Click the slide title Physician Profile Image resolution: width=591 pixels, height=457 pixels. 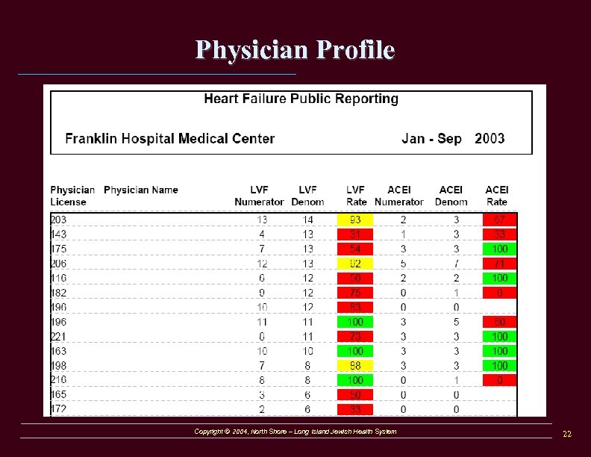point(295,50)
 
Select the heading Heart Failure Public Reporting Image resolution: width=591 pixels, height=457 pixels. point(301,99)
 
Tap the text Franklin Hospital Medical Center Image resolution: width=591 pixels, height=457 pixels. point(170,139)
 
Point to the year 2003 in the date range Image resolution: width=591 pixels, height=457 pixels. point(490,139)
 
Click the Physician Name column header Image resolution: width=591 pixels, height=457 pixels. point(141,190)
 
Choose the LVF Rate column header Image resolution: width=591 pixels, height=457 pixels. point(356,196)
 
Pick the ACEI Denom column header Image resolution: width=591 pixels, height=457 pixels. point(451,196)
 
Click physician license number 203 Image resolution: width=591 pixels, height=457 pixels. point(59,220)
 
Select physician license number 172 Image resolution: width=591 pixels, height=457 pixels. point(59,409)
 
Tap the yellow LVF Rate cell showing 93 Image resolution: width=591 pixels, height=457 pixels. point(355,220)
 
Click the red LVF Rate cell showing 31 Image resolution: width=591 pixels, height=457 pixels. point(355,234)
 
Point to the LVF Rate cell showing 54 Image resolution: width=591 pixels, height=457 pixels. point(355,249)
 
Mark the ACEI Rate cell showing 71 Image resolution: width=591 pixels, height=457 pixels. point(499,264)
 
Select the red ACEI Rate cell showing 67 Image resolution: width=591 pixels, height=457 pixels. point(499,220)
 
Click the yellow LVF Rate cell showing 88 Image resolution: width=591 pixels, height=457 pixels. point(355,365)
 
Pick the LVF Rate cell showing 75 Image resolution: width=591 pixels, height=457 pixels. point(355,293)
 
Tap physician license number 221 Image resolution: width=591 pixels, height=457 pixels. point(59,337)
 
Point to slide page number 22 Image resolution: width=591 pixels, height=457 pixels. point(567,434)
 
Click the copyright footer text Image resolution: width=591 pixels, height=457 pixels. point(295,432)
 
